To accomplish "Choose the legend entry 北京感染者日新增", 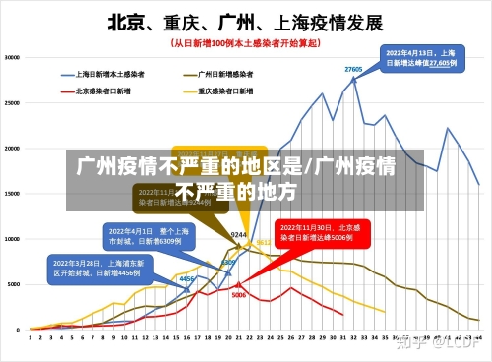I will pos(103,90).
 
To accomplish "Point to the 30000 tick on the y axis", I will pos(13,57).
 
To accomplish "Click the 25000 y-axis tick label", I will pos(13,102).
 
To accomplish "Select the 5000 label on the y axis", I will pos(15,283).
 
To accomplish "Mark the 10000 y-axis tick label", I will pos(13,238).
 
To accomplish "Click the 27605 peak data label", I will pos(353,69).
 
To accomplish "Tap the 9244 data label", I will pos(238,235).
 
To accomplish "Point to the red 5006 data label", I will pos(238,295).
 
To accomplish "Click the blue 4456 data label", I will pos(186,279).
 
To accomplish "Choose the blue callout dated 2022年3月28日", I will pos(97,269).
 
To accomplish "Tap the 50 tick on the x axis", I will pos(478,336).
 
